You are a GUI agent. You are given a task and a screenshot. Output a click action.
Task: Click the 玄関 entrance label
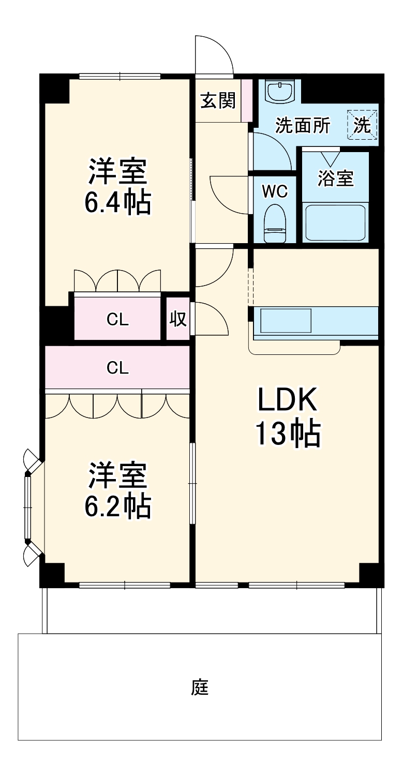pyautogui.click(x=218, y=100)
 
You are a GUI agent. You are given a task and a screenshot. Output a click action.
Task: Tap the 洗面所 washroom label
pyautogui.click(x=302, y=126)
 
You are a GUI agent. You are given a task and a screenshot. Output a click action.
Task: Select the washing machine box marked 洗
pyautogui.click(x=363, y=125)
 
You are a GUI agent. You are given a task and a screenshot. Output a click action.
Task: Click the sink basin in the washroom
pyautogui.click(x=280, y=92)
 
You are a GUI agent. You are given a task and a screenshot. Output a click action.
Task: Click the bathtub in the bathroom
pyautogui.click(x=335, y=222)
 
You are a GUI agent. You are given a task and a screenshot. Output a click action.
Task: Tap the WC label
pyautogui.click(x=274, y=191)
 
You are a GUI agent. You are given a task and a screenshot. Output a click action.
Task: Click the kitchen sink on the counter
pyautogui.click(x=286, y=321)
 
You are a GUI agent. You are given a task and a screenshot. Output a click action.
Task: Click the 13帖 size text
pyautogui.click(x=287, y=434)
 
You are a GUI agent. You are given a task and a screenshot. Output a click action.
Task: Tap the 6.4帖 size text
pyautogui.click(x=118, y=203)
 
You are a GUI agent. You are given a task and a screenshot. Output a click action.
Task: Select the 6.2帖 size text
pyautogui.click(x=118, y=506)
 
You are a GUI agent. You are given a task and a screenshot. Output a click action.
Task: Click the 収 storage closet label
pyautogui.click(x=178, y=319)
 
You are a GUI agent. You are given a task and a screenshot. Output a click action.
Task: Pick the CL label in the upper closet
pyautogui.click(x=117, y=320)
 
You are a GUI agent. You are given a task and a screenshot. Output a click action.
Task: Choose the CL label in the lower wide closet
pyautogui.click(x=117, y=367)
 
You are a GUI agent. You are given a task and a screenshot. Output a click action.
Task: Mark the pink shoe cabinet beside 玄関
pyautogui.click(x=246, y=100)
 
